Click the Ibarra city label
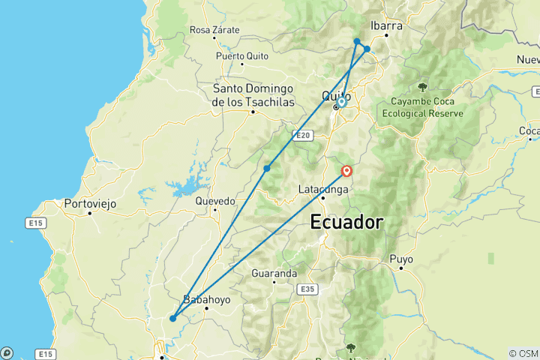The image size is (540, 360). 387,25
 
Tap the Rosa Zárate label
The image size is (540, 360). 214,30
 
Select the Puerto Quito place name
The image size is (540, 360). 241,56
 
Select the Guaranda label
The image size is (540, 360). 274,273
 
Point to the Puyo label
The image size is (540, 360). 401,259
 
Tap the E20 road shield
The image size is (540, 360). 302,135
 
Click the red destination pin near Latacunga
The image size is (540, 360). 347,171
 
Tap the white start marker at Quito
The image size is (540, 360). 341,101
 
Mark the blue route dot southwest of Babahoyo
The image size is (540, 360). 172,318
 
